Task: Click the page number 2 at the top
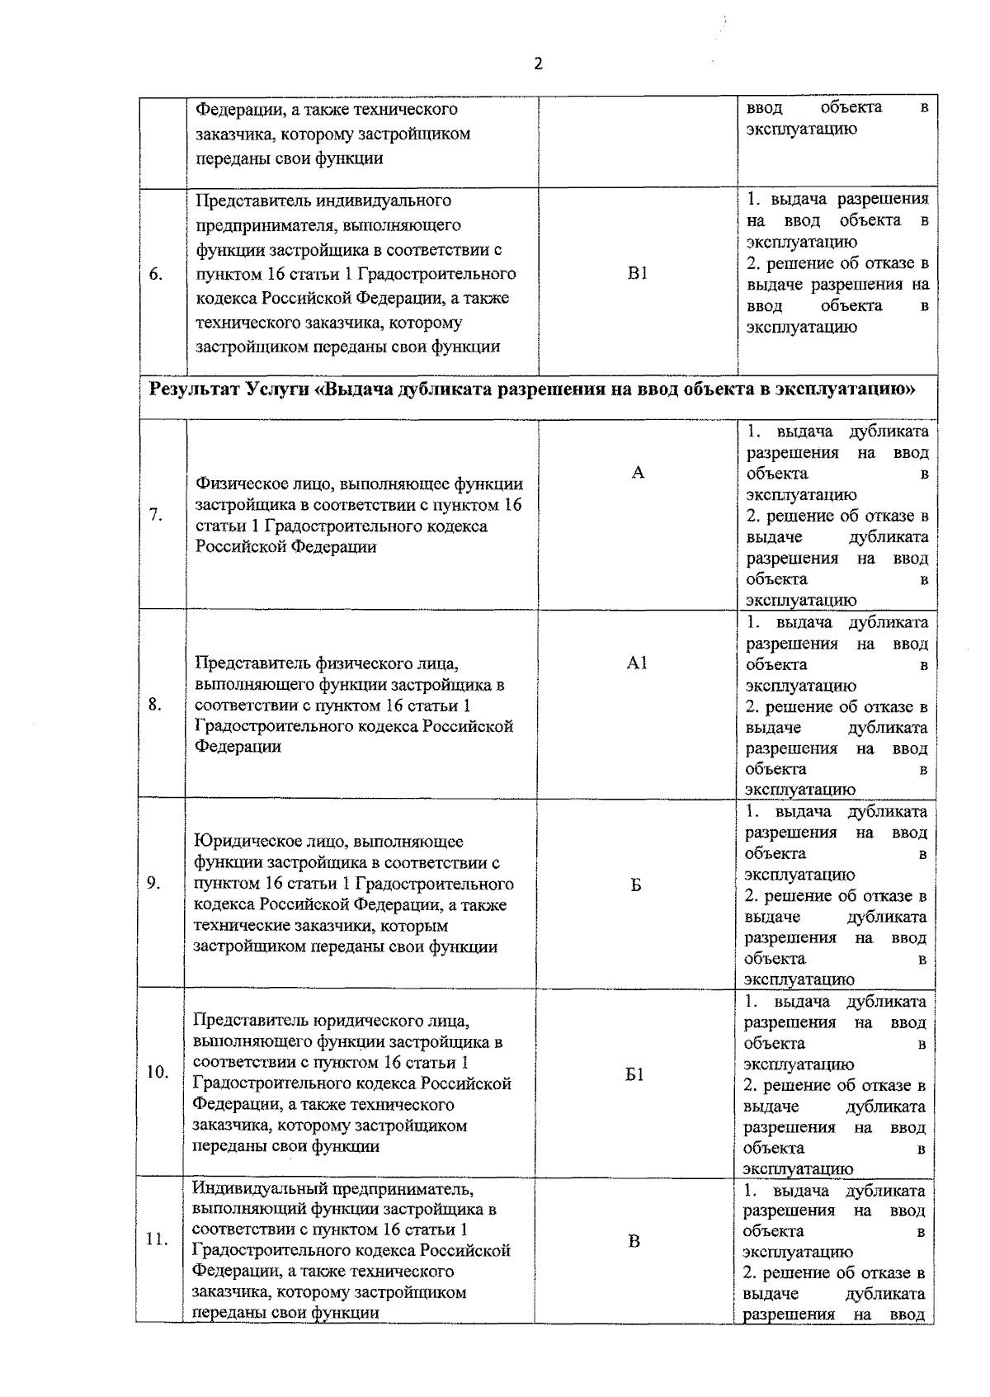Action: click(x=539, y=64)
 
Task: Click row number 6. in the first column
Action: click(x=156, y=274)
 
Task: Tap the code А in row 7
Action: click(x=638, y=472)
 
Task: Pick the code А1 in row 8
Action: click(x=637, y=663)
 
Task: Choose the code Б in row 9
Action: click(x=636, y=885)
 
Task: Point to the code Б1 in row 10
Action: click(x=635, y=1074)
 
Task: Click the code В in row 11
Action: click(x=634, y=1241)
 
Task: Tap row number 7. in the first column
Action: click(x=156, y=515)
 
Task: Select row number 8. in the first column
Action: click(x=155, y=705)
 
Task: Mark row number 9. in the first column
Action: click(x=154, y=883)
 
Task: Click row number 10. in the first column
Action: click(x=157, y=1072)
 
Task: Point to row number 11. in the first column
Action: click(x=157, y=1239)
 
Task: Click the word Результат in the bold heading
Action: click(x=195, y=389)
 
